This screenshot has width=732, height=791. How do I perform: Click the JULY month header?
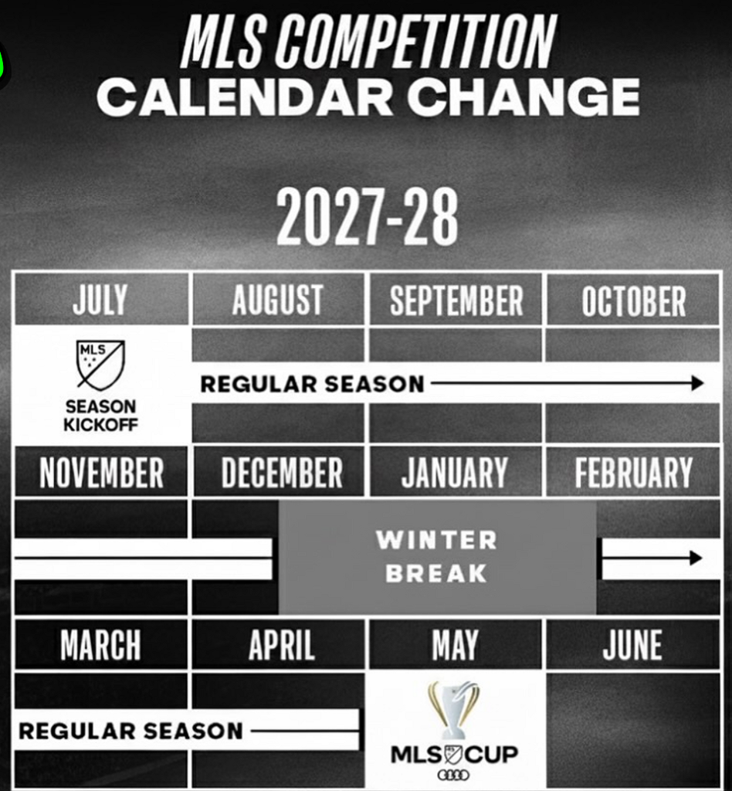click(x=100, y=300)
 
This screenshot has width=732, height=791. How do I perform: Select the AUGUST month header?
click(x=278, y=300)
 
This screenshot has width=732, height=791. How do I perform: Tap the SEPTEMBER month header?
click(x=456, y=300)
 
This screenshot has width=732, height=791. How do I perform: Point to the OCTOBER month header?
click(x=634, y=301)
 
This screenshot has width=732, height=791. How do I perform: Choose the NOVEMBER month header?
click(x=101, y=473)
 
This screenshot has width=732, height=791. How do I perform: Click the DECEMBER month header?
click(x=282, y=473)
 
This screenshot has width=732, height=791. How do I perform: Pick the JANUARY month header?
click(x=454, y=473)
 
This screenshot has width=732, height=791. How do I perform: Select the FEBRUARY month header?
click(x=634, y=473)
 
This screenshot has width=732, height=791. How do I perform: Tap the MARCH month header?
click(x=100, y=645)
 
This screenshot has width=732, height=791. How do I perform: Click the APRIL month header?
click(x=281, y=645)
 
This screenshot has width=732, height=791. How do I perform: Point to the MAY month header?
click(x=455, y=645)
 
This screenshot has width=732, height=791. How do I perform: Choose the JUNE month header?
click(x=632, y=645)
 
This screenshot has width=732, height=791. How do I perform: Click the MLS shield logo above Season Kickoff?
click(x=100, y=365)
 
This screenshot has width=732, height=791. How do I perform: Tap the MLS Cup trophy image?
click(x=454, y=709)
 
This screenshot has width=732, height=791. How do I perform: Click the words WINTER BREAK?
click(x=436, y=556)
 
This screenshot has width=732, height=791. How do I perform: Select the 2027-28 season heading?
click(x=368, y=216)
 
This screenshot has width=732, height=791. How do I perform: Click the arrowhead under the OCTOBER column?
click(x=698, y=383)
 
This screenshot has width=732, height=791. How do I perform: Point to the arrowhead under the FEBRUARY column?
click(x=696, y=558)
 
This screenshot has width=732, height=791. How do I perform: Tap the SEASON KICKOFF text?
click(x=100, y=416)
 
